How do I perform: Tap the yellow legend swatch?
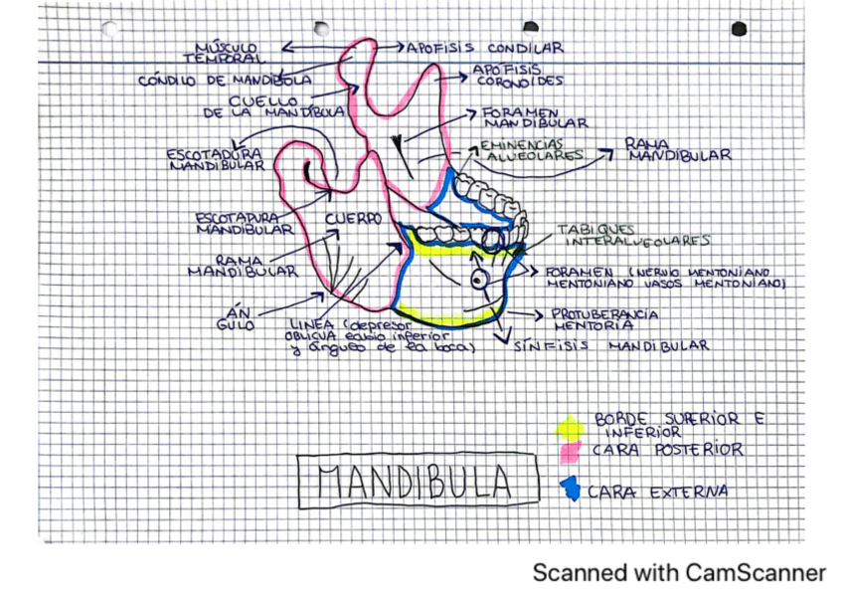[x=569, y=427]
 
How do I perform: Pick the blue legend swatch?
[x=570, y=488]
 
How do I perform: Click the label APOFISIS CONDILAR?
[x=484, y=47]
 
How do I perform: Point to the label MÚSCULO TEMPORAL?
[x=226, y=52]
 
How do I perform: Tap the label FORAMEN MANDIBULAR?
[x=533, y=118]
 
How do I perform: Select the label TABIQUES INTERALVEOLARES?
[x=636, y=235]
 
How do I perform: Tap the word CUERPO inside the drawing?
[x=352, y=218]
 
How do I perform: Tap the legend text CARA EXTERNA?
[x=657, y=492]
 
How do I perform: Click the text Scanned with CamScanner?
[x=678, y=572]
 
